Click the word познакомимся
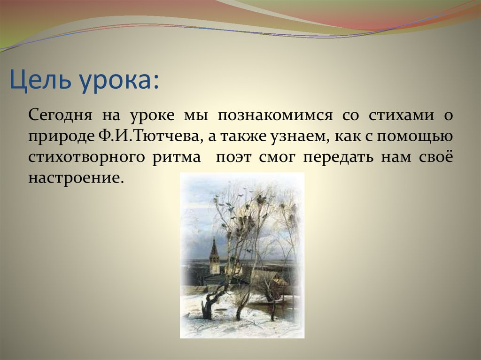pyautogui.click(x=275, y=115)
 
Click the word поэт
pyautogui.click(x=234, y=157)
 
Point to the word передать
pyautogui.click(x=338, y=157)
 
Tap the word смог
pyautogui.click(x=277, y=157)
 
